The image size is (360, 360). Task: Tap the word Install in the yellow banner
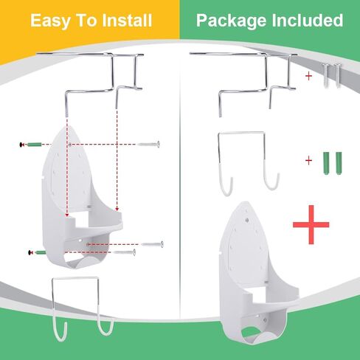tap(127, 20)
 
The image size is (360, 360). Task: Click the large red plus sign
tap(311, 224)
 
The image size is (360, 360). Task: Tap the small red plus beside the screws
tap(308, 76)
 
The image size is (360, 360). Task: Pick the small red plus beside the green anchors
tap(308, 161)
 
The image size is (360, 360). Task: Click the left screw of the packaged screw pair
tap(326, 76)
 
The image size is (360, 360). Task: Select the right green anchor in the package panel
tap(339, 163)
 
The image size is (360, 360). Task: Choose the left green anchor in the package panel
tap(326, 163)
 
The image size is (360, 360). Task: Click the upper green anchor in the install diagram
tap(34, 145)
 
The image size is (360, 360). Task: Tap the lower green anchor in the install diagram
tap(41, 252)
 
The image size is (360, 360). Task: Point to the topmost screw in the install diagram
tap(148, 144)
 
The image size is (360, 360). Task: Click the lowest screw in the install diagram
tap(125, 252)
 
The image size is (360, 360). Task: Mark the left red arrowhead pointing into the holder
tap(67, 215)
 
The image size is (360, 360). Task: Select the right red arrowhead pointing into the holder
tap(117, 210)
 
